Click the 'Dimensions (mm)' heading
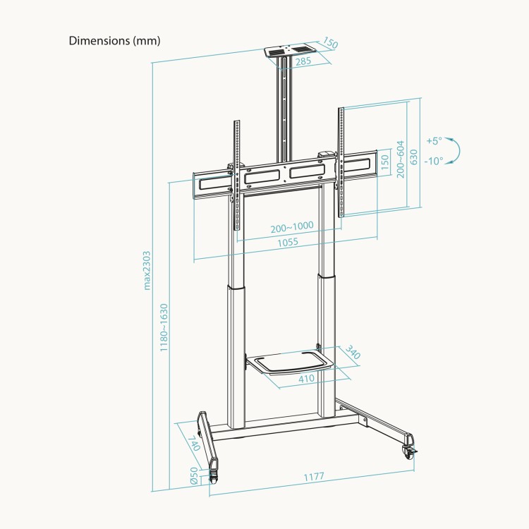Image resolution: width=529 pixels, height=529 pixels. coord(115,40)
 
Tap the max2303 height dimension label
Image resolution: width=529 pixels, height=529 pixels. coord(147,271)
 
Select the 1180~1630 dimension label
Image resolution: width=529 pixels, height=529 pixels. coord(164,328)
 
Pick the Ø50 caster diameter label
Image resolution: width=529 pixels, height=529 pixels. coord(194,477)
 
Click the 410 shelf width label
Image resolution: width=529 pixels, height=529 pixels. coord(305,379)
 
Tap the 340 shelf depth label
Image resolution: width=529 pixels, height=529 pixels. coord(353,352)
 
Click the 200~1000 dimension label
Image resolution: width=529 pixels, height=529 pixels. coord(292,227)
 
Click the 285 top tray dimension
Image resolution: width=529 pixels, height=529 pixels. coord(304,61)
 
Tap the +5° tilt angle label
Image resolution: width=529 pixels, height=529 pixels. coord(434,140)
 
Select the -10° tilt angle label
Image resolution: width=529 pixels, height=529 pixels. coord(434,161)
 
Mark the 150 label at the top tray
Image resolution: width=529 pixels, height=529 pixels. coord(329,44)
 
